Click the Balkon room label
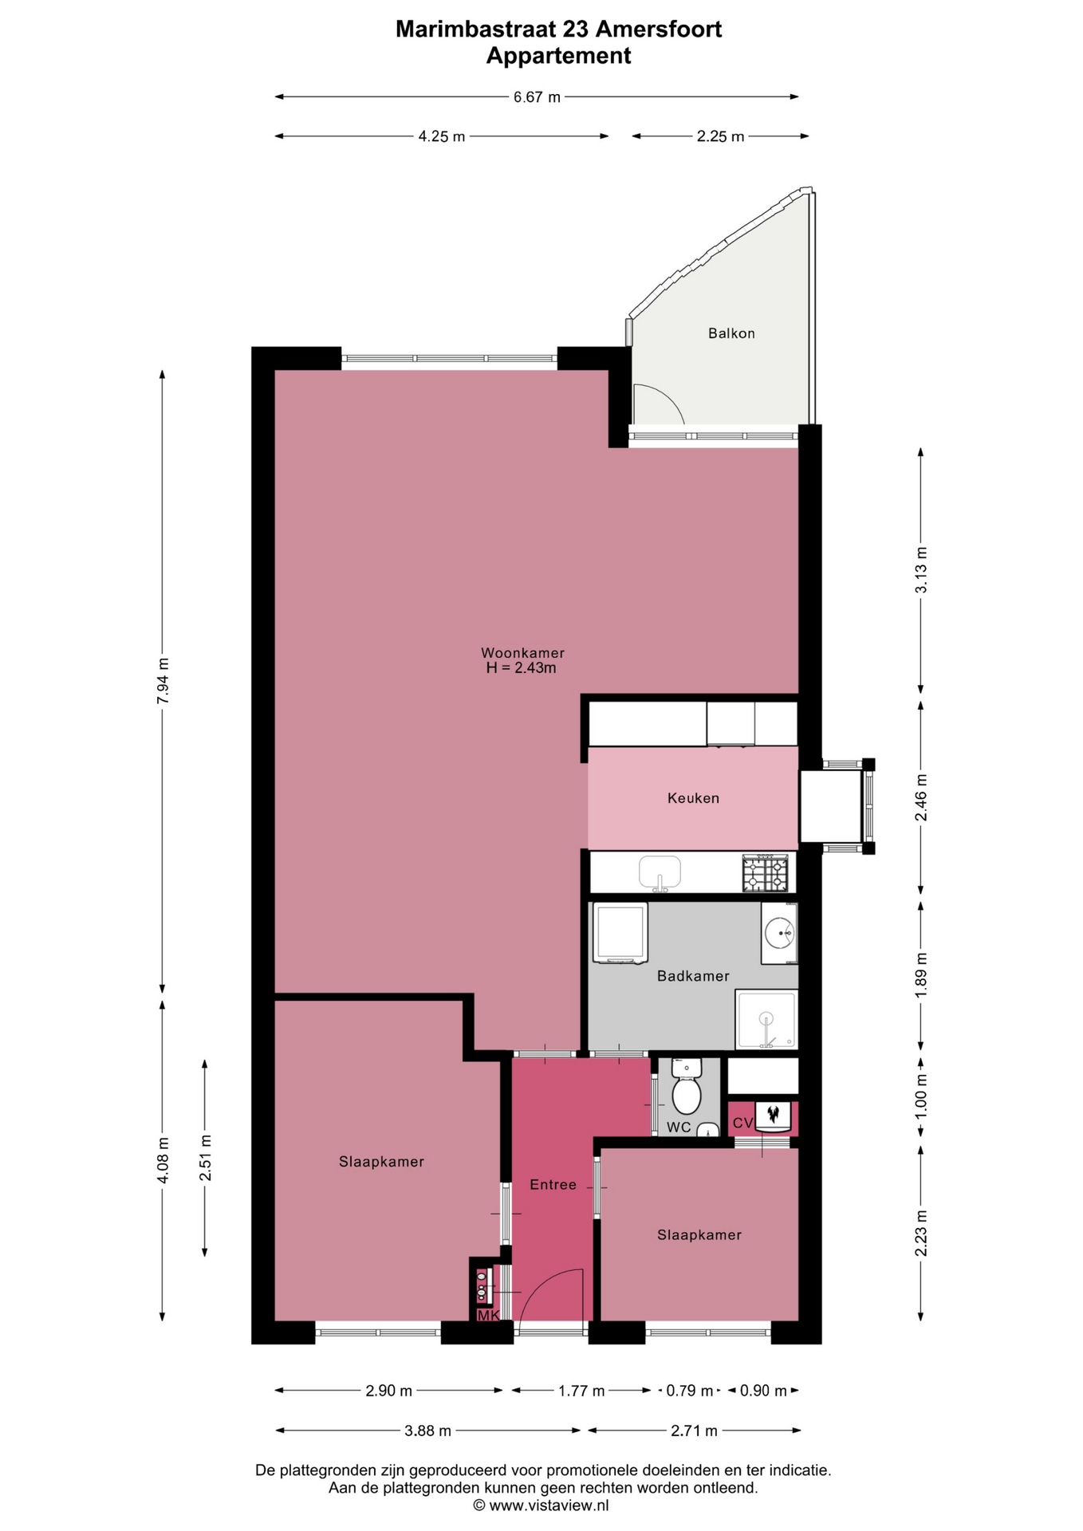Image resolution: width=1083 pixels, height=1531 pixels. click(x=731, y=333)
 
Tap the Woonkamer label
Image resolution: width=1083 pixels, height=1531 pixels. click(x=522, y=653)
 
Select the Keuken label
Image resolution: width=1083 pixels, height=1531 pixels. click(x=693, y=798)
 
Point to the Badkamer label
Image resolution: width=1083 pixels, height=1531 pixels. click(x=693, y=976)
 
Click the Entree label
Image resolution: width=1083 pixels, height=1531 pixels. click(x=553, y=1185)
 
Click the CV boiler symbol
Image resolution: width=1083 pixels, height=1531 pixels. click(x=773, y=1116)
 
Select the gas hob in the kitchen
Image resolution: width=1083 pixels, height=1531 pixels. click(x=765, y=874)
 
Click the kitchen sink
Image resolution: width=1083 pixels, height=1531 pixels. click(x=660, y=873)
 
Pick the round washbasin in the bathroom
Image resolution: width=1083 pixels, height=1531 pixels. click(x=779, y=932)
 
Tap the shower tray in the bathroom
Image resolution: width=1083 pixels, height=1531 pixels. click(x=766, y=1020)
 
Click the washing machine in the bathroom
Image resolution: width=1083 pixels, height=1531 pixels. click(x=620, y=933)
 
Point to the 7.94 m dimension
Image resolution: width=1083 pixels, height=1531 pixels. click(x=163, y=680)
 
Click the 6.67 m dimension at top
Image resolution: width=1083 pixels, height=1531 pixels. click(x=537, y=97)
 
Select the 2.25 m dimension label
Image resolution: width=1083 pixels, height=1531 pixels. click(x=720, y=136)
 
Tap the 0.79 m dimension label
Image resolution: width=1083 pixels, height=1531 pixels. click(x=690, y=1391)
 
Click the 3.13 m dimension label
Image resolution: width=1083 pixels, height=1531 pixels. click(x=921, y=570)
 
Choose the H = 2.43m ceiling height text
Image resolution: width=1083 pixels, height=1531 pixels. click(x=522, y=668)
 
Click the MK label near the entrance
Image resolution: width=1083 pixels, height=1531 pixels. click(x=488, y=1316)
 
